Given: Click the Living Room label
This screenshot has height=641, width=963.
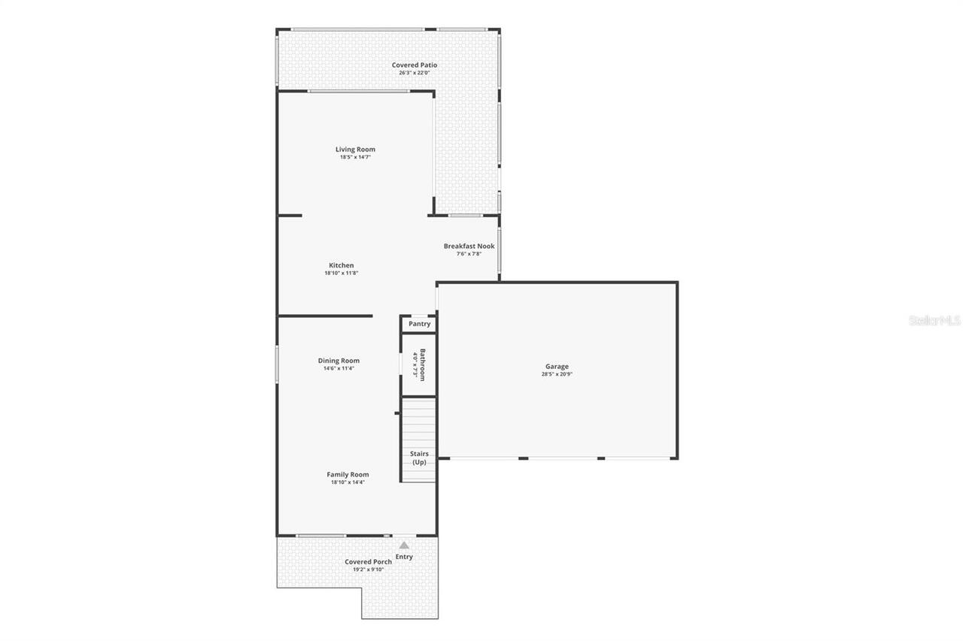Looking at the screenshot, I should (355, 150).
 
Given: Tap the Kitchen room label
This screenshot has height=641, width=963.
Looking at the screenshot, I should (341, 265).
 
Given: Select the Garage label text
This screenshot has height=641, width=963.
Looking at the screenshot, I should (557, 367).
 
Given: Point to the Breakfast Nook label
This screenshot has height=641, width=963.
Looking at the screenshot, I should (469, 246).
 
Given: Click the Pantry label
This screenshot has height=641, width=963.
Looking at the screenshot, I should (419, 324).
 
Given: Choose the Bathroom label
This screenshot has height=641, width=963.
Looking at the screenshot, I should (423, 364).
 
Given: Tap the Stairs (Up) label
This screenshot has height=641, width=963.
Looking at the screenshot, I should (419, 458).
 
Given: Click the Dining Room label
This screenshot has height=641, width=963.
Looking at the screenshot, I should (339, 361).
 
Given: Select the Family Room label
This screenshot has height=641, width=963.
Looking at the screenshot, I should (348, 474).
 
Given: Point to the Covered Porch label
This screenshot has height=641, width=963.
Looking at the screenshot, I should (368, 561).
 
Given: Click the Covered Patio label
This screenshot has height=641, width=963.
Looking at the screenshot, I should (414, 65).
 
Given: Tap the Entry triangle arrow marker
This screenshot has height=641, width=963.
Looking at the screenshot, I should (404, 545).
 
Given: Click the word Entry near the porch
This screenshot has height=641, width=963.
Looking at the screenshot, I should (404, 557).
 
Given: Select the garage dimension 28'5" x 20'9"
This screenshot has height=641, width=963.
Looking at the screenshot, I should (557, 374).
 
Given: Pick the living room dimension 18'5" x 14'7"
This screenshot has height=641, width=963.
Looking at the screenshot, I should (355, 157).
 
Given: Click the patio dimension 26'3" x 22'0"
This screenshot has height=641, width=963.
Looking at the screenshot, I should (414, 73).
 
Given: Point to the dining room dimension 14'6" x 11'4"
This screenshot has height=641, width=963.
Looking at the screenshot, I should (339, 368).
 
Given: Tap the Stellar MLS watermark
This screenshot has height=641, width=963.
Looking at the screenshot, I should (934, 320).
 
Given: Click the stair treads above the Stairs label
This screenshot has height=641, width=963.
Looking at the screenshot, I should (418, 421).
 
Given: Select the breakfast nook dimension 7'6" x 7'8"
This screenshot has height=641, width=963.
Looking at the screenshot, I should (469, 254).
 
